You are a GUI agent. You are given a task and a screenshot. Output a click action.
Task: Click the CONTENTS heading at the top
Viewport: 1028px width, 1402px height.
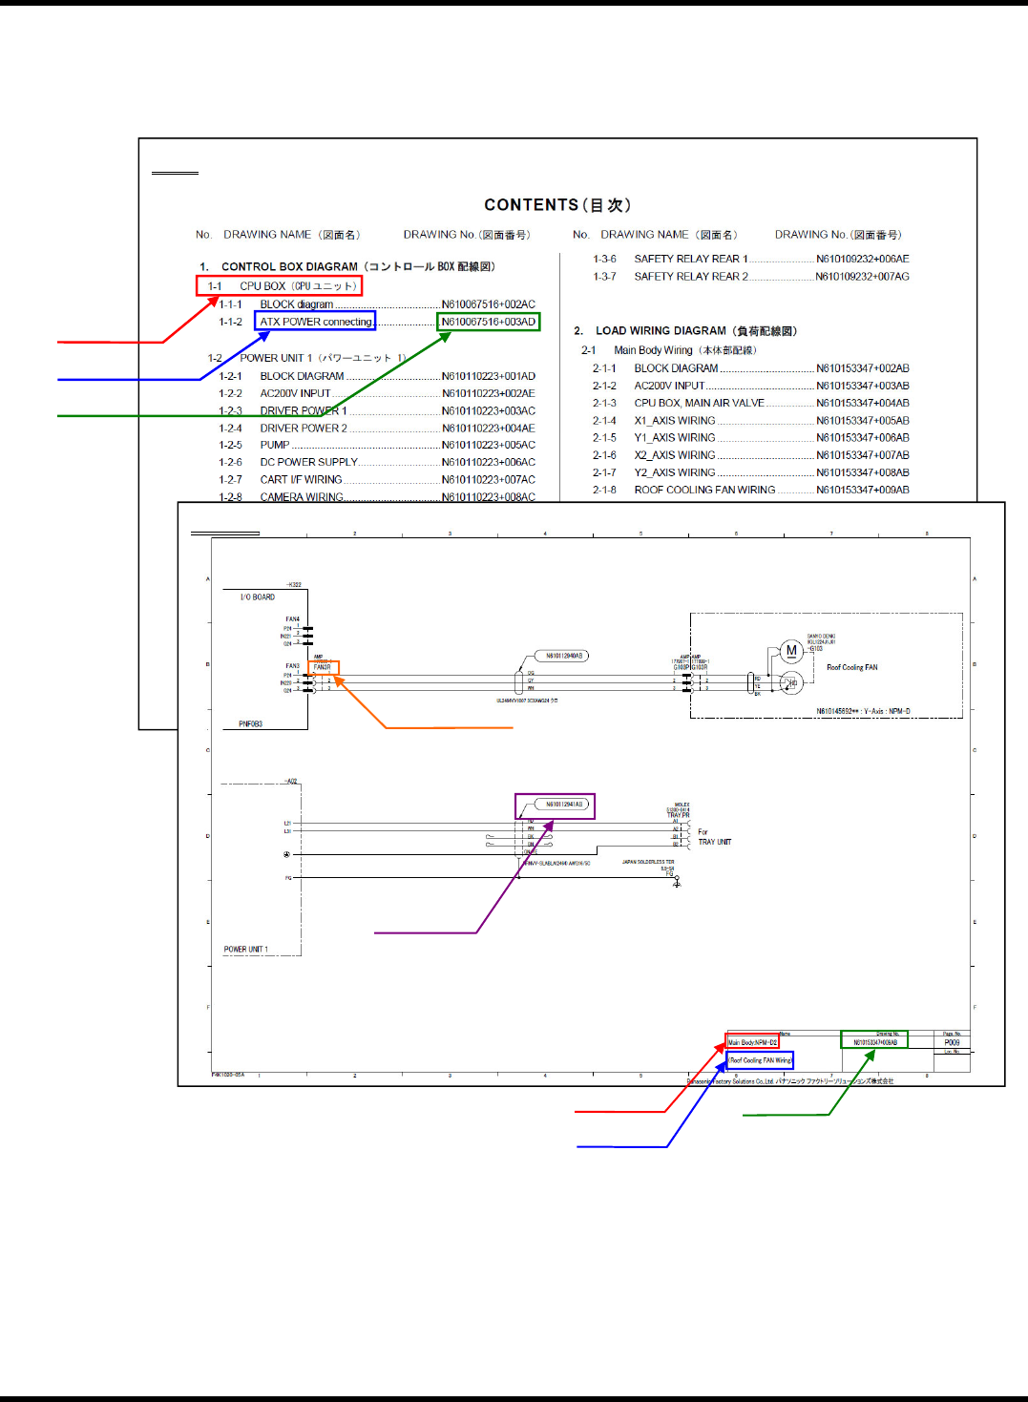pos(556,205)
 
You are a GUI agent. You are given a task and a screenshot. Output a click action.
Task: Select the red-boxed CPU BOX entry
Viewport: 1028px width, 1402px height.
pos(280,285)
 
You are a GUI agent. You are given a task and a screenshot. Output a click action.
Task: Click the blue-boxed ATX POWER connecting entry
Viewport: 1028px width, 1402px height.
pos(315,322)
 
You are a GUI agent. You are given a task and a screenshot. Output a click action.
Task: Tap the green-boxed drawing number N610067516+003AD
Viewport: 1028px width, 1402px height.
pos(488,322)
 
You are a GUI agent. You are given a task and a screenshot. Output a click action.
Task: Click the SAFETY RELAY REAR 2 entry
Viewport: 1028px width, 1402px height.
pos(691,277)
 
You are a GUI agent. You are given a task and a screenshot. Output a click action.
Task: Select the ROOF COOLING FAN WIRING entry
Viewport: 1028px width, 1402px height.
pos(704,490)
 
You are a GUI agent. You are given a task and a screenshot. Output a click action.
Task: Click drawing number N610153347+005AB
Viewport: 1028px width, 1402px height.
pos(862,421)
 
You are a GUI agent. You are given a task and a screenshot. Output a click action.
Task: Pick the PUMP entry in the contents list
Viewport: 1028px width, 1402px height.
pos(275,445)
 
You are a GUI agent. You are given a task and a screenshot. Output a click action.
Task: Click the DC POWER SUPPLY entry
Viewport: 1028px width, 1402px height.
pos(308,462)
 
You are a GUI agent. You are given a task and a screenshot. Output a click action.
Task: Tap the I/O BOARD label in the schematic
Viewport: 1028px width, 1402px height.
pos(258,597)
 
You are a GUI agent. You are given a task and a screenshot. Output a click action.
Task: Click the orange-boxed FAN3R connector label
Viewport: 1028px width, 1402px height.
pos(324,667)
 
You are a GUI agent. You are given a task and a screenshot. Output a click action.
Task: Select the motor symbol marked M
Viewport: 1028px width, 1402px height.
pos(790,651)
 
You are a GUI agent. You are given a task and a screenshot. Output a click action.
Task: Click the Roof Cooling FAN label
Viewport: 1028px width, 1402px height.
pos(851,668)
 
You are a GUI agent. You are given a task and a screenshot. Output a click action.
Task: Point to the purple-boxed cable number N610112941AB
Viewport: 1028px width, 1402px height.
pos(564,805)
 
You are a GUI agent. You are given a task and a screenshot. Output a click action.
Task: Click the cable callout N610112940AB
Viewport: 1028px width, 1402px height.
pos(564,656)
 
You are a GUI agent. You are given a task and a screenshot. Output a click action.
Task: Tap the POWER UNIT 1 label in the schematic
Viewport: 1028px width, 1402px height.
pos(246,950)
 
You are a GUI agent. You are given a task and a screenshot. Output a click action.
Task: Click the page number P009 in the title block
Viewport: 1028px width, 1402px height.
pos(952,1042)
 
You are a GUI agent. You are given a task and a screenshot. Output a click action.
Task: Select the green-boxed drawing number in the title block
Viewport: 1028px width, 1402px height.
pos(874,1042)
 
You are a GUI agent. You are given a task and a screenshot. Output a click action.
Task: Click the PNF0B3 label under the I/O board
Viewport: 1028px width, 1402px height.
pos(250,724)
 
